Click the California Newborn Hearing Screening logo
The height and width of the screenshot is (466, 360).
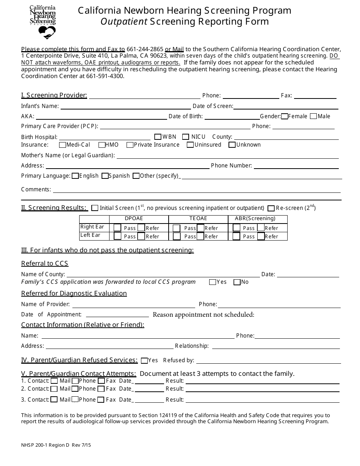click(42, 22)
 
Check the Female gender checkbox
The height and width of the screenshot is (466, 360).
click(285, 116)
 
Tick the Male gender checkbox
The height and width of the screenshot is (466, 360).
click(313, 116)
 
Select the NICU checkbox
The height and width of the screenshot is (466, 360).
click(186, 137)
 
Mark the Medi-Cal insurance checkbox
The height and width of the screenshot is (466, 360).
click(63, 145)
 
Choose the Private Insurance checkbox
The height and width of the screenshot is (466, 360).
click(130, 145)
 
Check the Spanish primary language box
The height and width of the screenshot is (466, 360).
click(105, 176)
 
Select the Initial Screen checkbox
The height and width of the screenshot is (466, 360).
click(95, 208)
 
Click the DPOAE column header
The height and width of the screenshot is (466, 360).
click(134, 219)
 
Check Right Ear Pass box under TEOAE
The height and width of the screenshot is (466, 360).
click(176, 228)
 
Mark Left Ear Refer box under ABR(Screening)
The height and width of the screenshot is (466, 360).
click(261, 236)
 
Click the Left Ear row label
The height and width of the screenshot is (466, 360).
click(90, 235)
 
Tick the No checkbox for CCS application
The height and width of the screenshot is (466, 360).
click(237, 282)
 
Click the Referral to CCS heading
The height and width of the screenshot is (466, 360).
click(45, 263)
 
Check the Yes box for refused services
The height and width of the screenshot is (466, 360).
click(144, 361)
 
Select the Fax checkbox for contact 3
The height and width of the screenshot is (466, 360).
click(101, 399)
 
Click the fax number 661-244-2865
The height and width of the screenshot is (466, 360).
click(145, 49)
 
